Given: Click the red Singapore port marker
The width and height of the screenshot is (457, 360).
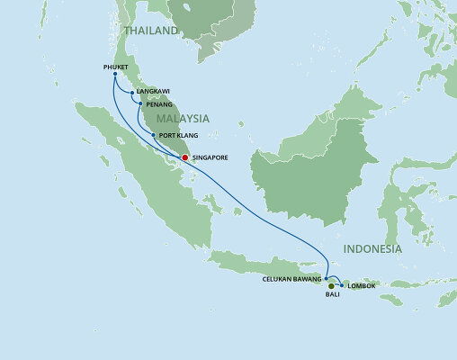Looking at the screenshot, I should [184, 157].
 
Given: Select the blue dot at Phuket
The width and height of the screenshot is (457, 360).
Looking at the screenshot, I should [115, 74].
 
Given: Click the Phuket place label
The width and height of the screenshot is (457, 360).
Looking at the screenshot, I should [117, 66].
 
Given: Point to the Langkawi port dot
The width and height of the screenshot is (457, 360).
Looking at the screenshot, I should [133, 93].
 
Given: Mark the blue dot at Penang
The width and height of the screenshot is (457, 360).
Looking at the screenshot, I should [138, 104].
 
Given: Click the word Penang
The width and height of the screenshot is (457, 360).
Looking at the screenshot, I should [157, 104].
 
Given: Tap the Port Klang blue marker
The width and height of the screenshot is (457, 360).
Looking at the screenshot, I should [154, 136].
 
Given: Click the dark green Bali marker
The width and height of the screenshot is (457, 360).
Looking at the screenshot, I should [331, 286].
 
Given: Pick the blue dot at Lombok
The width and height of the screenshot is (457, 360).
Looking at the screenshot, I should [342, 286].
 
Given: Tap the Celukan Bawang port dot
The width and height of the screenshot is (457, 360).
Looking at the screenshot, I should [327, 278].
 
